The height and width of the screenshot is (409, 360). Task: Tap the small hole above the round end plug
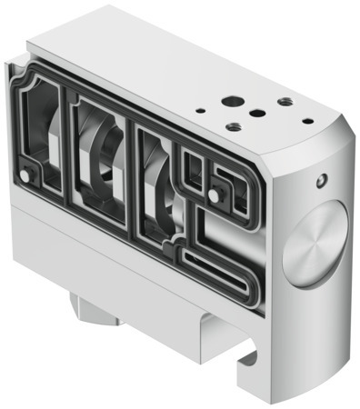pos(319,182)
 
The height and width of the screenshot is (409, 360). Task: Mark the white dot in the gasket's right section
pos(214,195)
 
